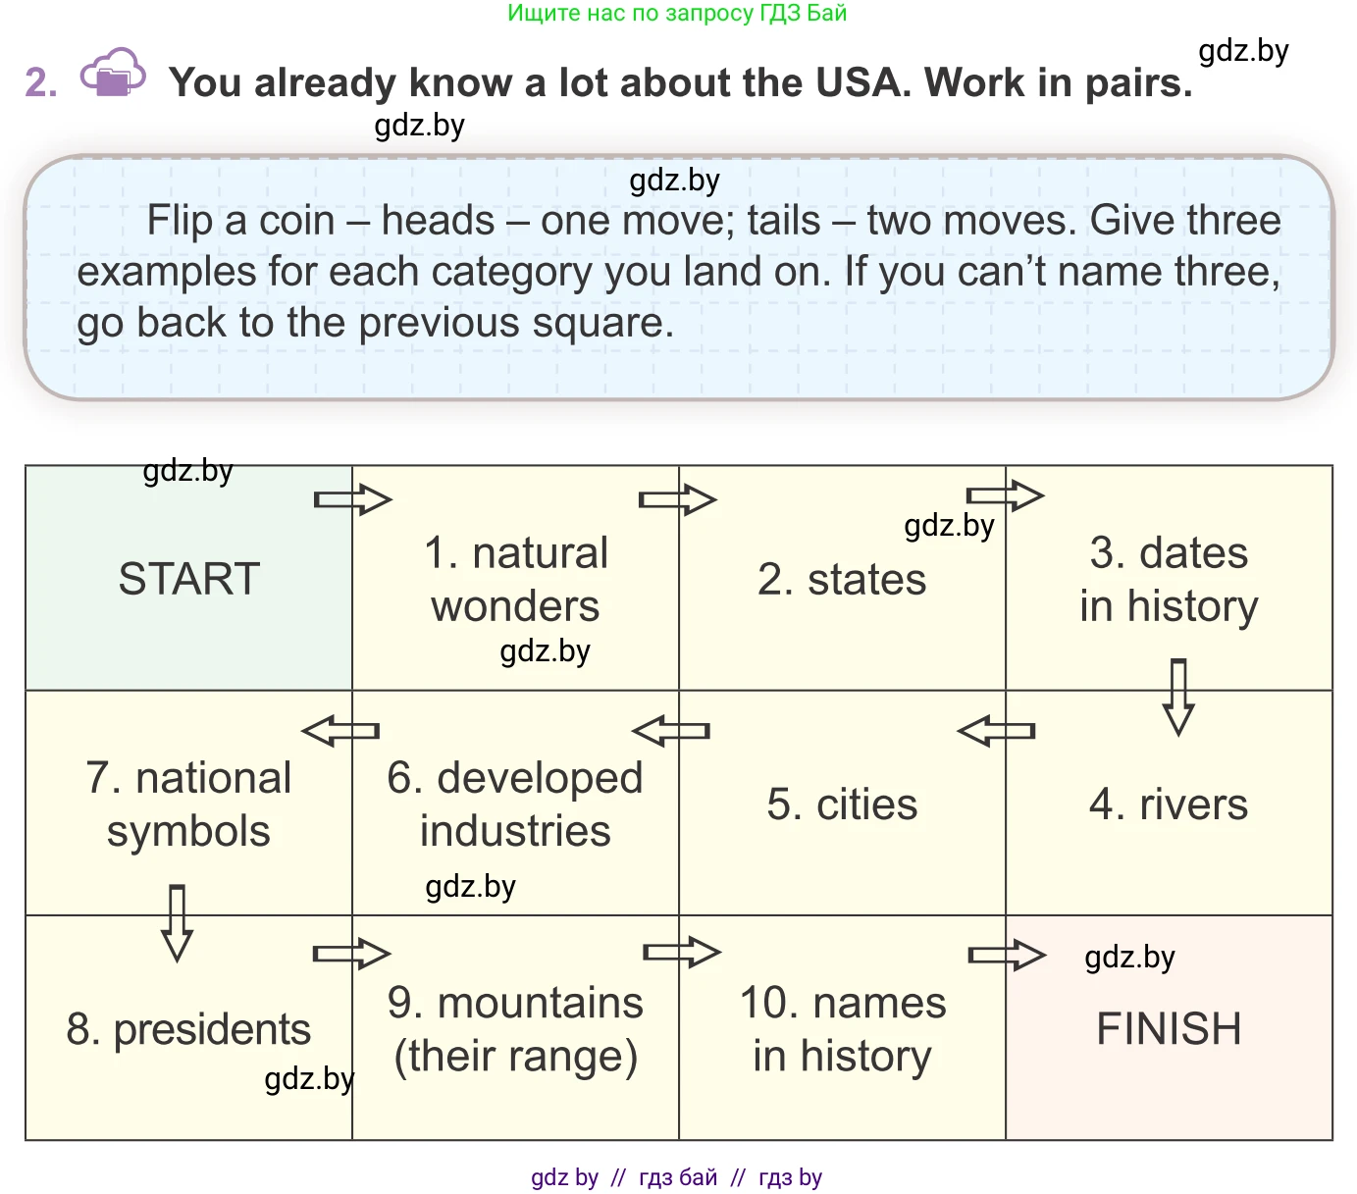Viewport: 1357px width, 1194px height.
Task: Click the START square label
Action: (189, 579)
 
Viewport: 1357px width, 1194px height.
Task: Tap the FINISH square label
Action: (1169, 1029)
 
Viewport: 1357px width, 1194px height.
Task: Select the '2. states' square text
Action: (842, 580)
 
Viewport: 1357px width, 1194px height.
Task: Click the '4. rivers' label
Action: (1169, 805)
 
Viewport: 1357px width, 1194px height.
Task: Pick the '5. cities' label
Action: (842, 805)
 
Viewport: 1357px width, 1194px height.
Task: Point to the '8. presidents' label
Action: (188, 1029)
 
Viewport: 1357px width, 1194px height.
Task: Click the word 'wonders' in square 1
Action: (515, 606)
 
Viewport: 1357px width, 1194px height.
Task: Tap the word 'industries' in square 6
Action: (515, 831)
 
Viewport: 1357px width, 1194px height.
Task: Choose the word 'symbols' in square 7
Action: (188, 831)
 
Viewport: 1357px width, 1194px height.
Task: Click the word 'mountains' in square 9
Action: (540, 1003)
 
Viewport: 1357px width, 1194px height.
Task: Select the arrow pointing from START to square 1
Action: (352, 499)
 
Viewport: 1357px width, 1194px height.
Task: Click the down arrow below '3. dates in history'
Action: (1178, 697)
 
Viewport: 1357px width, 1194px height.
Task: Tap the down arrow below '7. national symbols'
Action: (177, 922)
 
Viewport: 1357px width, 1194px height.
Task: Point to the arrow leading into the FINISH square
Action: (1007, 955)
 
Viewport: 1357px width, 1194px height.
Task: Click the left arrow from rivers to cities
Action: (996, 731)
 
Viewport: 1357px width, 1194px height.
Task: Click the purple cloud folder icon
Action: (113, 74)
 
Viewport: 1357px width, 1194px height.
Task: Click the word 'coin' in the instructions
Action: (297, 221)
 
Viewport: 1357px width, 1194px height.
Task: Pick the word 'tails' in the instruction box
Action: (783, 221)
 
